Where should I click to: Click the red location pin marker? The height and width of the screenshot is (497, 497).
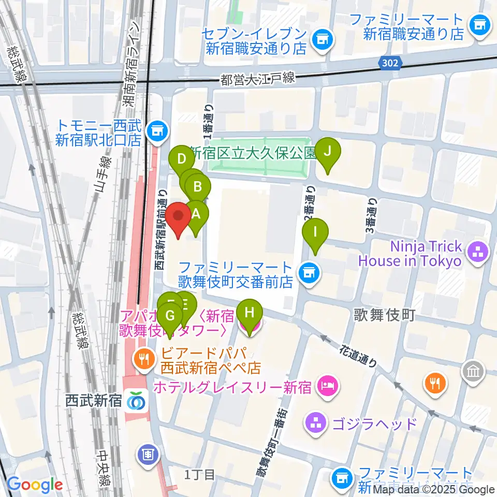pos(178,218)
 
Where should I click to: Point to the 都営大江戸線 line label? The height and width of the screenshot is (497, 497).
pos(257,79)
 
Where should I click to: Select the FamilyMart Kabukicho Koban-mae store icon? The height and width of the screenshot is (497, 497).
pos(309,272)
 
